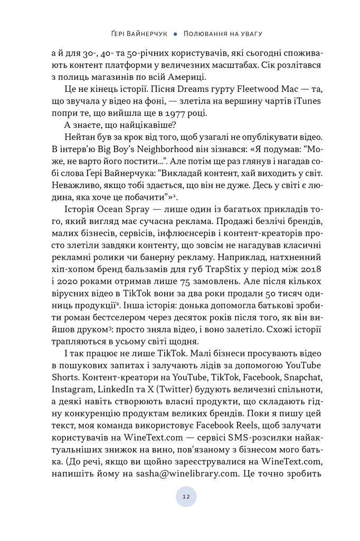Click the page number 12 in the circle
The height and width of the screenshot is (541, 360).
point(185,497)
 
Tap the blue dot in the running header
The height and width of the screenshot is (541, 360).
point(175,33)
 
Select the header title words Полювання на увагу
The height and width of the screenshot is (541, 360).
point(223,33)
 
